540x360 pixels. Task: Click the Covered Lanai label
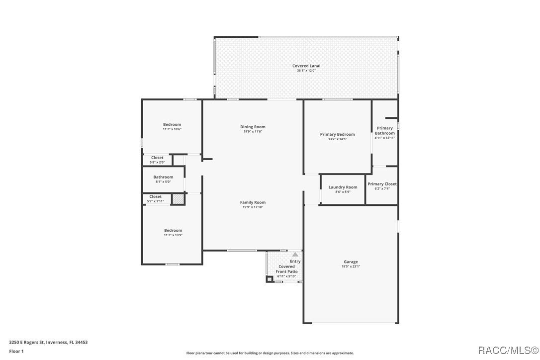pyautogui.click(x=306, y=66)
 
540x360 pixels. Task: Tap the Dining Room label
pyautogui.click(x=253, y=127)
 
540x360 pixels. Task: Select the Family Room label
pyautogui.click(x=253, y=202)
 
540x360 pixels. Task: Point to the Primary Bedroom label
pyautogui.click(x=338, y=134)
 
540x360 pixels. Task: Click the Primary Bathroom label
pyautogui.click(x=385, y=131)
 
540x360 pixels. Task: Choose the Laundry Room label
pyautogui.click(x=343, y=187)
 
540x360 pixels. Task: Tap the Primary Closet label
pyautogui.click(x=382, y=184)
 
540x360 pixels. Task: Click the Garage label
pyautogui.click(x=351, y=262)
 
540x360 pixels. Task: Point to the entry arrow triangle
pyautogui.click(x=295, y=254)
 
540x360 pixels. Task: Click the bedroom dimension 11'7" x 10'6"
pyautogui.click(x=172, y=129)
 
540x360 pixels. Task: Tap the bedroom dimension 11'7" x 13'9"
pyautogui.click(x=173, y=235)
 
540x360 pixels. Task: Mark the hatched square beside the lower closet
pyautogui.click(x=178, y=199)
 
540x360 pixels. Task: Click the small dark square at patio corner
pyautogui.click(x=270, y=279)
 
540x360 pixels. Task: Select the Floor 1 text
pyautogui.click(x=16, y=351)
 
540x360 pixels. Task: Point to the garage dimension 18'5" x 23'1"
pyautogui.click(x=351, y=267)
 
